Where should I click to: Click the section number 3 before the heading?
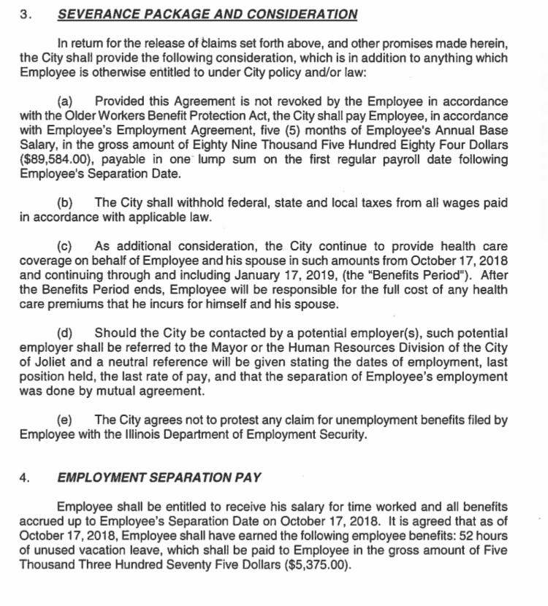(x=24, y=14)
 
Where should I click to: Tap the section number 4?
(x=24, y=478)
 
